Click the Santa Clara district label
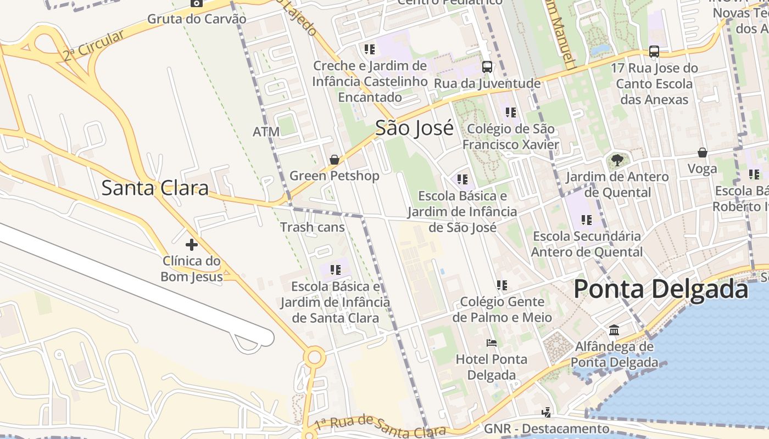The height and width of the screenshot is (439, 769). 155,188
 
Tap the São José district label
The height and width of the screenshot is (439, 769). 414,128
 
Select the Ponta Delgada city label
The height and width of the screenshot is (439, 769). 661,289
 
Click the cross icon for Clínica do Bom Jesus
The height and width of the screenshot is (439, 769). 191,244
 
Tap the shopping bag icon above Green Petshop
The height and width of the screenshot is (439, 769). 334,160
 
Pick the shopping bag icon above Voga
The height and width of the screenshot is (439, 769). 702,153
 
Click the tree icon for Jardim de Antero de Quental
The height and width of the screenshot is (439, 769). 617,160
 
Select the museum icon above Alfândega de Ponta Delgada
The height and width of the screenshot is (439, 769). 614,330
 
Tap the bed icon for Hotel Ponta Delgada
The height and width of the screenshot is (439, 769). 492,344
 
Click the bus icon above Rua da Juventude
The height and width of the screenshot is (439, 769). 487,67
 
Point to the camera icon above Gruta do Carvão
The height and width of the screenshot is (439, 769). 196,3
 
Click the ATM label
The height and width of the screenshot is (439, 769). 266,132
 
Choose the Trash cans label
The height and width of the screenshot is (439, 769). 313,227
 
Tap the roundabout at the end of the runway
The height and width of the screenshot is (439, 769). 314,358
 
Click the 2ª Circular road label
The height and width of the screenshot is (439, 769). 93,46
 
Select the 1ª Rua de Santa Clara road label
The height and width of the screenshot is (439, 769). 379,426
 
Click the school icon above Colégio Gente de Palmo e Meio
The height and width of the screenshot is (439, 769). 501,285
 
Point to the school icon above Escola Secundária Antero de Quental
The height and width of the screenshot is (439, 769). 587,220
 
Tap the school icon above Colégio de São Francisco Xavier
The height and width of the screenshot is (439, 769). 511,112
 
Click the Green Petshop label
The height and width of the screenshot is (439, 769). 334,176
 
